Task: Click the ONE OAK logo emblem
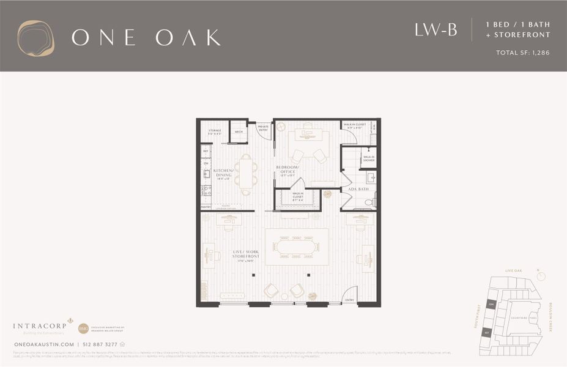click(35, 39)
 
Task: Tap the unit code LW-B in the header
click(435, 30)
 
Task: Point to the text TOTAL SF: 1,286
click(523, 53)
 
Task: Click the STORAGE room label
click(215, 131)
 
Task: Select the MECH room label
click(238, 132)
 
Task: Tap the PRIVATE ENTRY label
click(263, 128)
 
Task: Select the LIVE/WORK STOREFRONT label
click(246, 254)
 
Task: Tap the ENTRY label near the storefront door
click(349, 300)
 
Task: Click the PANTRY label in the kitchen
click(206, 207)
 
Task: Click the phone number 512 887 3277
click(100, 345)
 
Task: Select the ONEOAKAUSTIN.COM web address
click(44, 345)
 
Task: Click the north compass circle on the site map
click(541, 276)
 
